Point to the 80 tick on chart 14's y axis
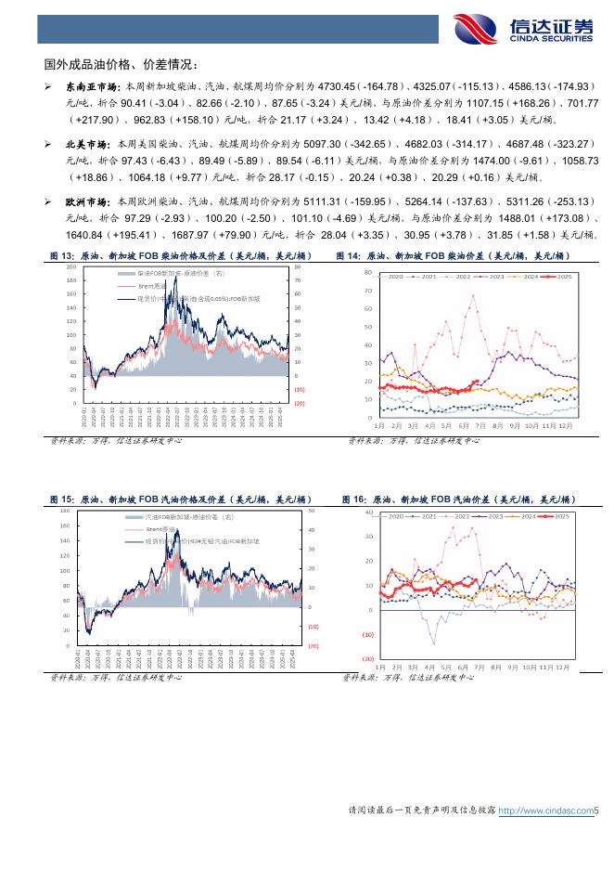[367, 273]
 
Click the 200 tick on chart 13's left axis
[71, 266]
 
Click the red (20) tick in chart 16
[367, 658]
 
